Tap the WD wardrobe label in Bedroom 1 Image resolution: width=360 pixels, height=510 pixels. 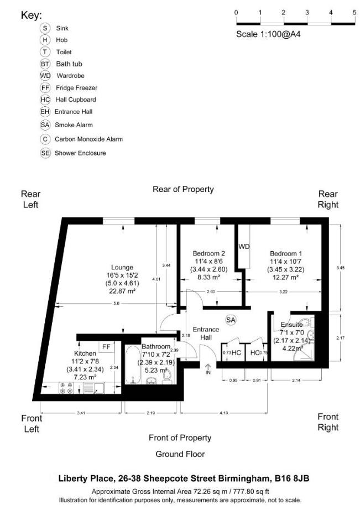244,246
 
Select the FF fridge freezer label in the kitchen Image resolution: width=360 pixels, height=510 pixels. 106,347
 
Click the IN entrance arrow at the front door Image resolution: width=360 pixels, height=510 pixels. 208,370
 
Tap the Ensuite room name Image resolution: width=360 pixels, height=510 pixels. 291,325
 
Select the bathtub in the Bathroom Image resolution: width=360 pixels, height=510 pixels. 133,366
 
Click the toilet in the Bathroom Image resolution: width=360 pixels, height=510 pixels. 169,375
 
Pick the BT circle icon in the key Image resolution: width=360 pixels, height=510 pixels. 45,64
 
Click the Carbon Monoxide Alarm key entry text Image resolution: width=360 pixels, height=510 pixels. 88,139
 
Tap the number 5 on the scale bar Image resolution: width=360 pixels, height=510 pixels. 354,12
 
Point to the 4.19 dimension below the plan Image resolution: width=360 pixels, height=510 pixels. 223,413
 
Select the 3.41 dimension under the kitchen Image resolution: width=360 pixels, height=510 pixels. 81,413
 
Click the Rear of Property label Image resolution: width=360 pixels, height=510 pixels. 183,189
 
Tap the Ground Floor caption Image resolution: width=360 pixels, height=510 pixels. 180,454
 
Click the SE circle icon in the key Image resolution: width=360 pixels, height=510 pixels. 45,153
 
